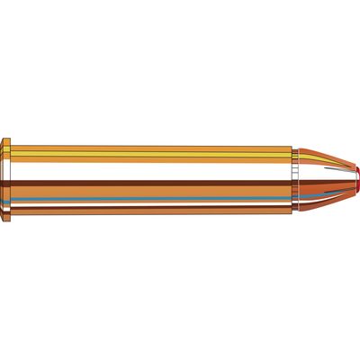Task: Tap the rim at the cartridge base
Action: coord(8,180)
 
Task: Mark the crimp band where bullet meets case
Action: coord(295,180)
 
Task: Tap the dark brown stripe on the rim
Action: coord(8,182)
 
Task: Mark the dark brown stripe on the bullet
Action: coord(315,182)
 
